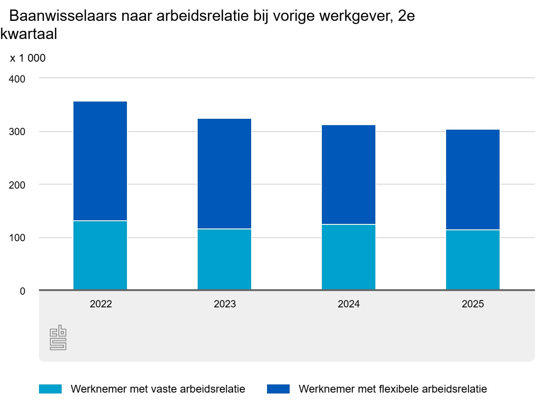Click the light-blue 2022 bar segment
point(100,255)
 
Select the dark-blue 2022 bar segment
point(100,161)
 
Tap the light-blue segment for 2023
point(224,259)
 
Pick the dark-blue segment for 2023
point(224,174)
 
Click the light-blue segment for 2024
point(349,257)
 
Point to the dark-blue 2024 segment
point(349,175)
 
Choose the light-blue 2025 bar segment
point(473,260)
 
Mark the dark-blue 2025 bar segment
point(473,180)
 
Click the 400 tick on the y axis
point(17,79)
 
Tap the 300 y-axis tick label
point(17,131)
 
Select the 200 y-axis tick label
point(17,185)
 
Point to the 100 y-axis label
point(17,238)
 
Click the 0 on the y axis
point(23,291)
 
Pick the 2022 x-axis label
point(101,304)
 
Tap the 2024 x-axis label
point(349,304)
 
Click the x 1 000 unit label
point(28,58)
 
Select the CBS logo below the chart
point(58,337)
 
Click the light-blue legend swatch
point(50,389)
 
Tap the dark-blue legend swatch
point(278,389)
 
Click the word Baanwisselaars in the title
point(63,16)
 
